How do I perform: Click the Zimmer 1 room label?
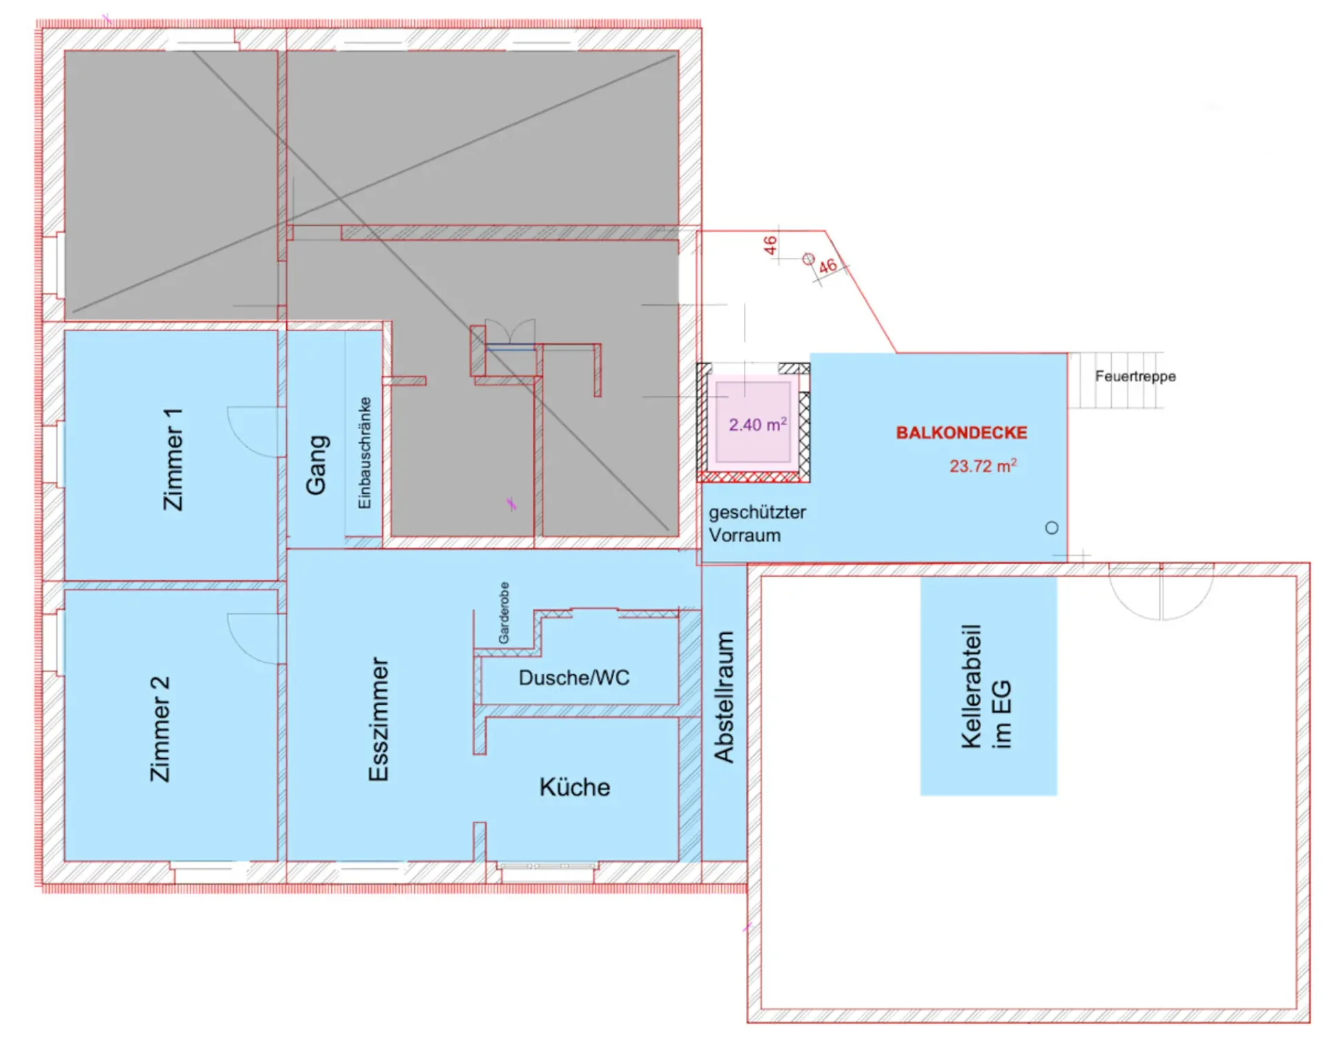(173, 459)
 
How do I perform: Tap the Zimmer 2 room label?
(160, 729)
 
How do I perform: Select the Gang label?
(317, 465)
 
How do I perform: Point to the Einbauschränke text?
(364, 453)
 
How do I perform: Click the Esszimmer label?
(379, 719)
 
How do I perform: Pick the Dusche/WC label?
(574, 678)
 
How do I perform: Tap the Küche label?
(575, 787)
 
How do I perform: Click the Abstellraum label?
(724, 697)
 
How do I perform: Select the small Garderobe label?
(504, 613)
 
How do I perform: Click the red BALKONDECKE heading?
(961, 432)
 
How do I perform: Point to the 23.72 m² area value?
(983, 466)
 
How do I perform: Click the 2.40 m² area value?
(758, 424)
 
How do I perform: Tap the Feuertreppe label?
(1135, 377)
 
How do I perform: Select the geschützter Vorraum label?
(757, 523)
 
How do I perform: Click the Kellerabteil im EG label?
(986, 686)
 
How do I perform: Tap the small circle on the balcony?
(1052, 528)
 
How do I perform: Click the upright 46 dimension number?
(770, 245)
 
